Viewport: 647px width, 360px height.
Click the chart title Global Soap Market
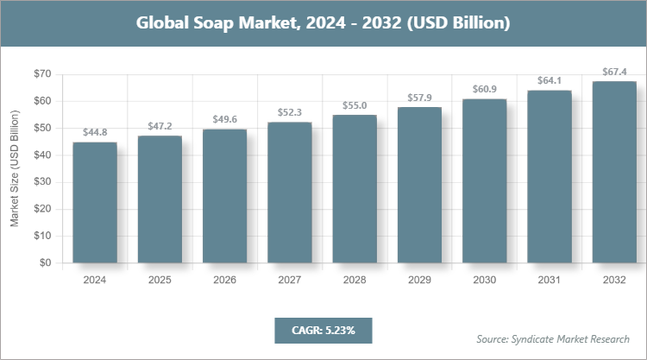pyautogui.click(x=323, y=23)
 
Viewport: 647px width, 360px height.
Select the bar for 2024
pyautogui.click(x=95, y=203)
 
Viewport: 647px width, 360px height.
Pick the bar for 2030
pyautogui.click(x=484, y=181)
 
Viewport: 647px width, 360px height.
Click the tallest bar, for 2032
pyautogui.click(x=614, y=173)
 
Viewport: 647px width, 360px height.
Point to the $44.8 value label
pyautogui.click(x=95, y=132)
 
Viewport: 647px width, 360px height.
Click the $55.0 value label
pyautogui.click(x=355, y=105)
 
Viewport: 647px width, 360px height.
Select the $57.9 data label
pyautogui.click(x=419, y=98)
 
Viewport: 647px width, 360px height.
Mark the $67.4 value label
pyautogui.click(x=614, y=72)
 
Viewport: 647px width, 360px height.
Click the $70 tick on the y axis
pyautogui.click(x=41, y=74)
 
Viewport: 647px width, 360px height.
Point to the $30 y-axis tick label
pyautogui.click(x=41, y=182)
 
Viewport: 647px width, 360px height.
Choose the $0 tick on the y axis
pyautogui.click(x=45, y=263)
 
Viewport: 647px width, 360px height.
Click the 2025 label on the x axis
pyautogui.click(x=160, y=280)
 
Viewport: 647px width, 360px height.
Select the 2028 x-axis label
pyautogui.click(x=355, y=280)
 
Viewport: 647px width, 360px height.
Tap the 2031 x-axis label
pyautogui.click(x=550, y=280)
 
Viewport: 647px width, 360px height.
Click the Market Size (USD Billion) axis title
pyautogui.click(x=15, y=169)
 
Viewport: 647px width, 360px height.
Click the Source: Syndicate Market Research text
pyautogui.click(x=552, y=338)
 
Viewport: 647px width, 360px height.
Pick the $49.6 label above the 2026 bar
pyautogui.click(x=224, y=119)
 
